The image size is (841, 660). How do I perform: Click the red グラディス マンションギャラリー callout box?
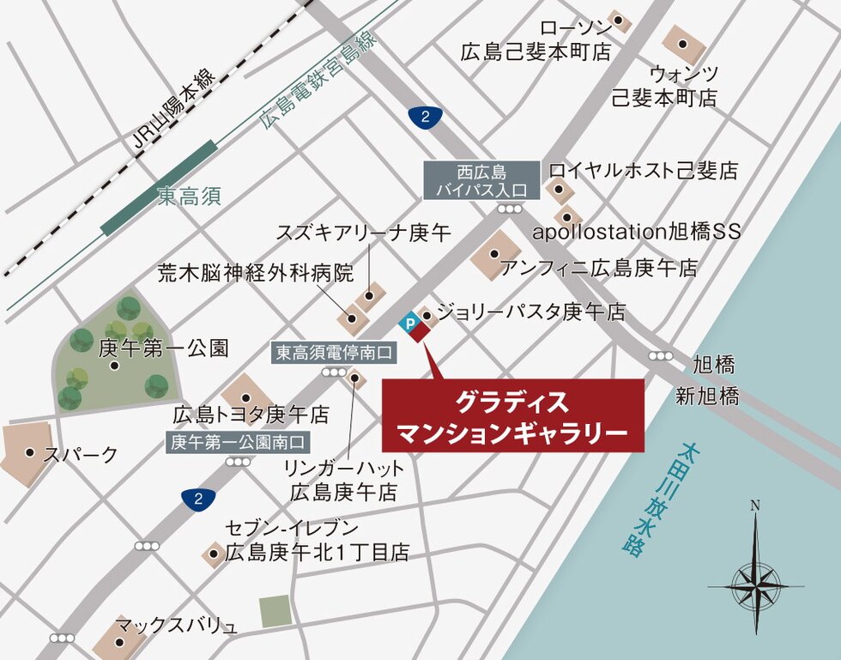click(x=512, y=415)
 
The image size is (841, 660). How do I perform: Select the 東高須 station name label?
click(x=190, y=197)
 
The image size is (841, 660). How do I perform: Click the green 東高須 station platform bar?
click(x=159, y=189)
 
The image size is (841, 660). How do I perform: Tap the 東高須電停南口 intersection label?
click(x=334, y=353)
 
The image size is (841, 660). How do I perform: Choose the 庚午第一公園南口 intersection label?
click(x=238, y=443)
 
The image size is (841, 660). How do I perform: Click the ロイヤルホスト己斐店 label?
click(x=643, y=171)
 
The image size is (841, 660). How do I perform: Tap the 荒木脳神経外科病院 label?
click(x=256, y=274)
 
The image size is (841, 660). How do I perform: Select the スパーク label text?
click(x=81, y=454)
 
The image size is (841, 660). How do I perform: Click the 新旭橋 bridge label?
click(x=705, y=397)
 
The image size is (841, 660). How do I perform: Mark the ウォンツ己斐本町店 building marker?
click(x=683, y=44)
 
